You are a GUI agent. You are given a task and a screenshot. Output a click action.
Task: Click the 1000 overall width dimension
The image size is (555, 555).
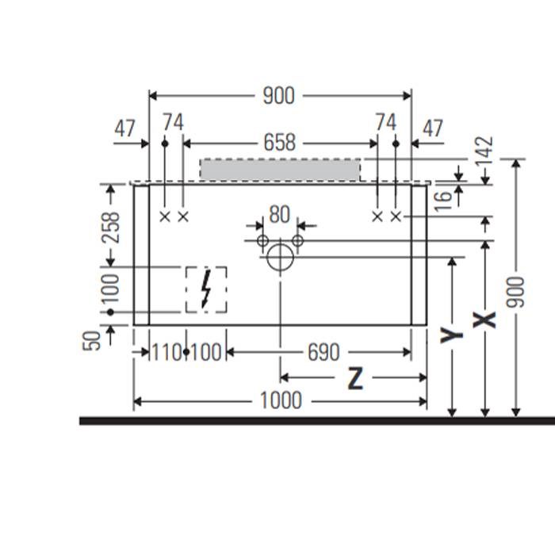(x=281, y=400)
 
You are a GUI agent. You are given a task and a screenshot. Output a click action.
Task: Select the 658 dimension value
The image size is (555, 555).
(x=280, y=142)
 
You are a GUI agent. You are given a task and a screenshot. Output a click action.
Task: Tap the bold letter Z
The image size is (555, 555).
(x=355, y=378)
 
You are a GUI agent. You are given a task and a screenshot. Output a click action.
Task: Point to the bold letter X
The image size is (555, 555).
(x=484, y=320)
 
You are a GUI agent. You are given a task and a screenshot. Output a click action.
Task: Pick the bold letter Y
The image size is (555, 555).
(x=451, y=335)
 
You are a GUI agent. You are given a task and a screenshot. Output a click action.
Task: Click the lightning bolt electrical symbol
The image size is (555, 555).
(x=205, y=289)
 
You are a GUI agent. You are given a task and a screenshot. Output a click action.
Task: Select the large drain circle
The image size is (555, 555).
(x=280, y=258)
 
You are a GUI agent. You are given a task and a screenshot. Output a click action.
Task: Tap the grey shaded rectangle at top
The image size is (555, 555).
(x=280, y=170)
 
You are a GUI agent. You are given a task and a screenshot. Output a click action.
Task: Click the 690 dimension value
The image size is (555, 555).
(x=323, y=353)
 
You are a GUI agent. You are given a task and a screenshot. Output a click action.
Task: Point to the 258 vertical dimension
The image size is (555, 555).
(x=110, y=228)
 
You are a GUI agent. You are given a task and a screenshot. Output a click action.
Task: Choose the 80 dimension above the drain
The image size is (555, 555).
(x=280, y=215)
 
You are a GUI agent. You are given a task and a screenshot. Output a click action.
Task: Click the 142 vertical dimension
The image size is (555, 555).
(x=484, y=152)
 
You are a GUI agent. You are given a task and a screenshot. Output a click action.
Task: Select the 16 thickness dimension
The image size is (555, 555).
(x=443, y=201)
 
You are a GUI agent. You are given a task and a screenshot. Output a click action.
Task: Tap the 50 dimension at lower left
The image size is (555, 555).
(x=91, y=340)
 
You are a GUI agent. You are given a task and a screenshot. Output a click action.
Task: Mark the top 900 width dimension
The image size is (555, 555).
(x=278, y=96)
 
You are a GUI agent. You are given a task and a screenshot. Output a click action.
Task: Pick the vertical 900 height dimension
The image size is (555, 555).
(x=515, y=292)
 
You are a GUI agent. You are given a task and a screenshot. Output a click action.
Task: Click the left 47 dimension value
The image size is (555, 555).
(x=124, y=128)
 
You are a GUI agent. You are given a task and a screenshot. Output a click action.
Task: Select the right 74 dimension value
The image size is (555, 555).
(x=386, y=122)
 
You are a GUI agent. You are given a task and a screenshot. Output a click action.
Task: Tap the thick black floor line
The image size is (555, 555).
(x=317, y=421)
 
